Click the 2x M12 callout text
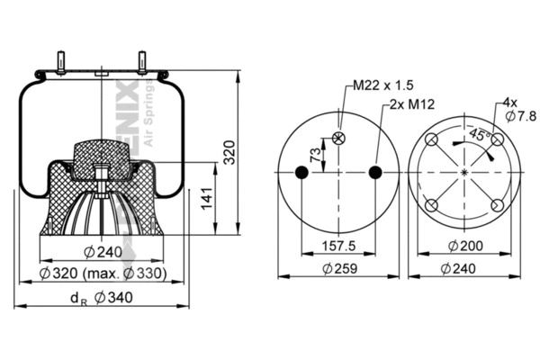tap(412, 104)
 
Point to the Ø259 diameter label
tap(340, 267)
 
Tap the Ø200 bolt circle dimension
tap(464, 245)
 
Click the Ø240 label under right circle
tap(464, 267)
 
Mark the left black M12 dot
tap(303, 172)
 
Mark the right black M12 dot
tap(377, 172)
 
